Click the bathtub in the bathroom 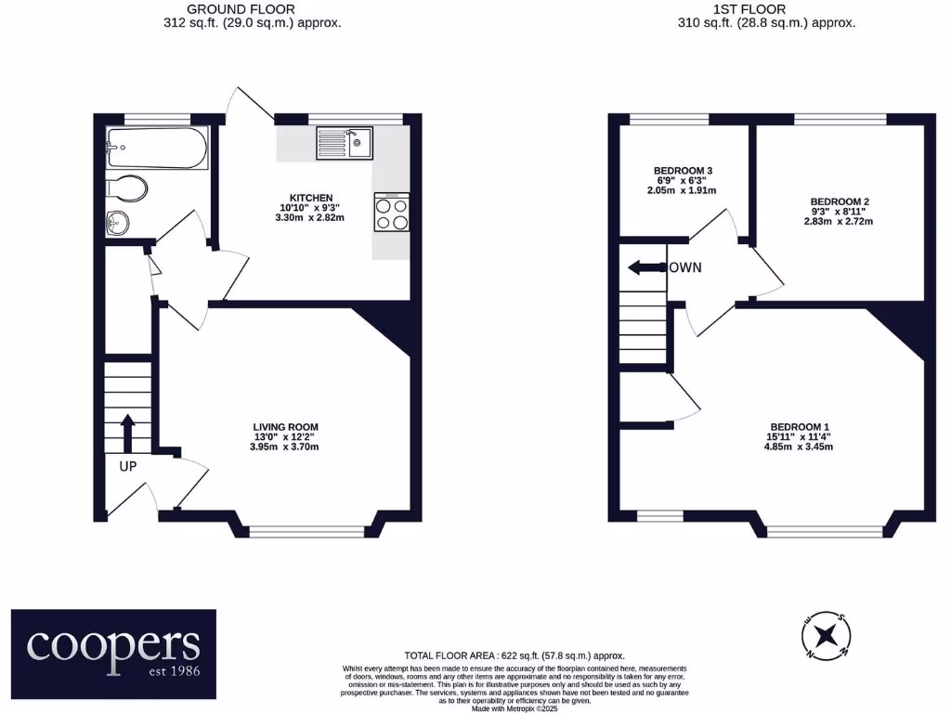click(155, 148)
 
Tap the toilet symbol click(127, 188)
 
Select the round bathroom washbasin click(118, 222)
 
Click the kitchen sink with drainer click(343, 143)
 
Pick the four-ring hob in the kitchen click(391, 211)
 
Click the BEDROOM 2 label click(840, 201)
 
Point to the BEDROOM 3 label click(683, 171)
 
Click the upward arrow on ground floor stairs click(127, 432)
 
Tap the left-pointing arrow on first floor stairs click(644, 268)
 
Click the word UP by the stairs click(127, 466)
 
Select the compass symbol click(825, 636)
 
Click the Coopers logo click(113, 654)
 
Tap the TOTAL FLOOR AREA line click(515, 655)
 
